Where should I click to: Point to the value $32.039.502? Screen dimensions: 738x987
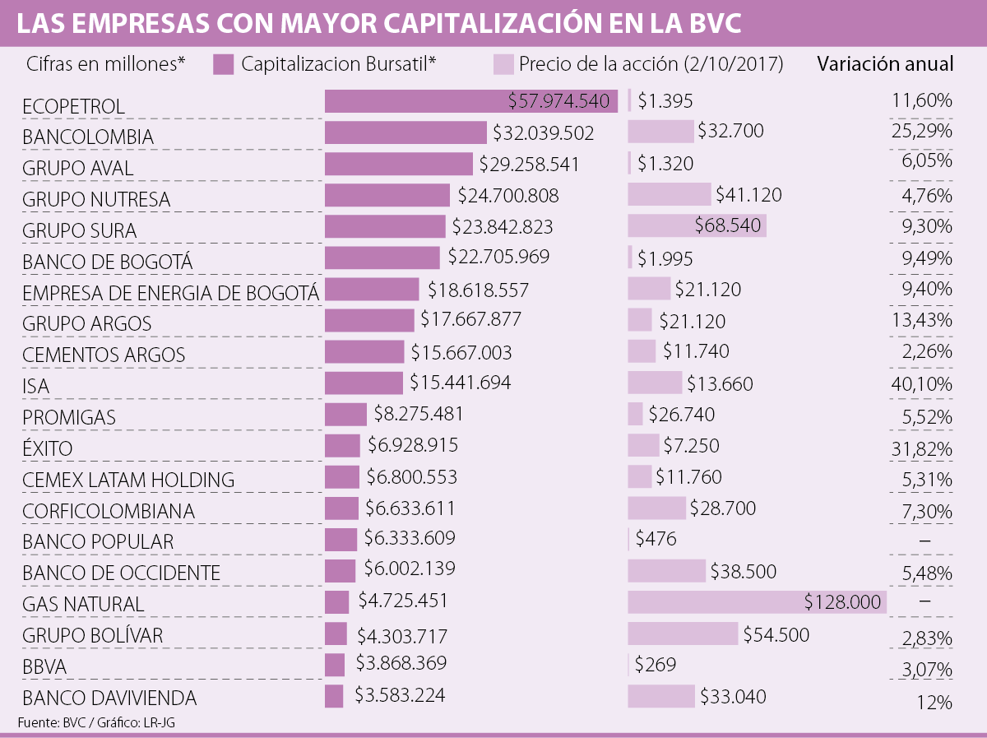click(543, 132)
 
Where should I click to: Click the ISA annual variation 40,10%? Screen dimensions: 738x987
click(921, 383)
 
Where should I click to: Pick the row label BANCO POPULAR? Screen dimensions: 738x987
click(98, 542)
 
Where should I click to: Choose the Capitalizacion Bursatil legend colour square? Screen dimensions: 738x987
click(224, 64)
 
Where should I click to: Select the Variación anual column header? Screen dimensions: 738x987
click(885, 64)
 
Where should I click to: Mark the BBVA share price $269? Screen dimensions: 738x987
click(656, 664)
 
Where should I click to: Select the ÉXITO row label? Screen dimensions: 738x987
click(48, 448)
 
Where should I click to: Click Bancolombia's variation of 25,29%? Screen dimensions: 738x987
click(921, 131)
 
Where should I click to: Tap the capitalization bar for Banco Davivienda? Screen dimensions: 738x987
click(334, 696)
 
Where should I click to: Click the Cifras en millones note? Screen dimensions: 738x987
click(106, 64)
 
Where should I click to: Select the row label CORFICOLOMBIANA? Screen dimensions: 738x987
click(109, 511)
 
